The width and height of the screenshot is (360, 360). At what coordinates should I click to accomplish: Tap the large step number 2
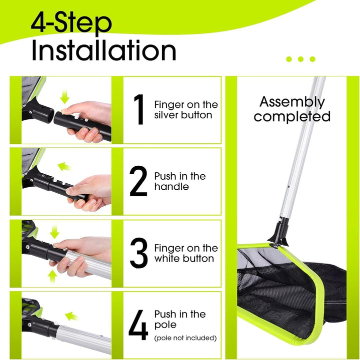pyautogui.click(x=138, y=181)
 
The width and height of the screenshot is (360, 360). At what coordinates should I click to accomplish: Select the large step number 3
pyautogui.click(x=138, y=253)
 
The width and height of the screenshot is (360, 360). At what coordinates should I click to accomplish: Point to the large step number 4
pyautogui.click(x=138, y=325)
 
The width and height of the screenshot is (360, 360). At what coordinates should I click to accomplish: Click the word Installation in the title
pyautogui.click(x=104, y=50)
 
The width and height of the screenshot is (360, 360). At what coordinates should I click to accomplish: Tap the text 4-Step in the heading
pyautogui.click(x=71, y=23)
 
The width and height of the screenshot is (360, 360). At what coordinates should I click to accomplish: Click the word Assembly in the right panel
pyautogui.click(x=292, y=102)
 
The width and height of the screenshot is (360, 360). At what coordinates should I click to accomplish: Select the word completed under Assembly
pyautogui.click(x=292, y=117)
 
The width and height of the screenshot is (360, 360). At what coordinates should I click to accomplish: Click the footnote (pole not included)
pyautogui.click(x=185, y=338)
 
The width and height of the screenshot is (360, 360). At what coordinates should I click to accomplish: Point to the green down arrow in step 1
pyautogui.click(x=64, y=97)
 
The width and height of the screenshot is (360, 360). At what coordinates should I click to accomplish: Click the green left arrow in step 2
pyautogui.click(x=64, y=166)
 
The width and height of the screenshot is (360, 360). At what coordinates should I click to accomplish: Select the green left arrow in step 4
pyautogui.click(x=71, y=316)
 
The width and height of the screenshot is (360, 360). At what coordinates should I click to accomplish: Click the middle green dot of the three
pyautogui.click(x=300, y=59)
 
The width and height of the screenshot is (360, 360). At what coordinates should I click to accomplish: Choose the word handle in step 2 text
pyautogui.click(x=171, y=186)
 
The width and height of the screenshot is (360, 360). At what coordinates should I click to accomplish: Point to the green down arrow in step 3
pyautogui.click(x=54, y=232)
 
